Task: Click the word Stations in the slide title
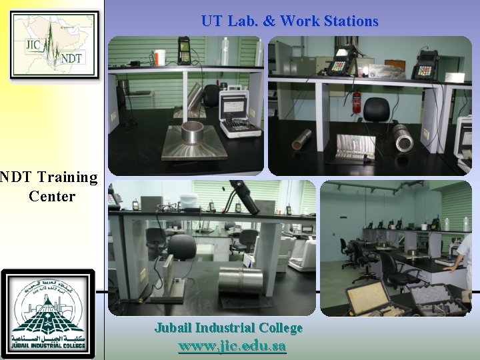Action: click(347, 21)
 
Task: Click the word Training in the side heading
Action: click(67, 177)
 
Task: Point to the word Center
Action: click(52, 197)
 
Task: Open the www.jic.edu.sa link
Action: click(232, 347)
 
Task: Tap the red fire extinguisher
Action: click(357, 102)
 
